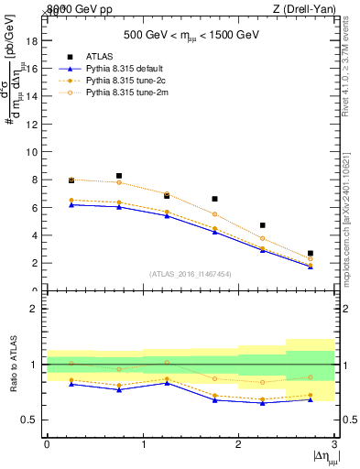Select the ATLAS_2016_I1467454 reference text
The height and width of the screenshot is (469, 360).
190,273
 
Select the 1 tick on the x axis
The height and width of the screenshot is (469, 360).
143,445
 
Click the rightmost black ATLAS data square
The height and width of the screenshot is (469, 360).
311,253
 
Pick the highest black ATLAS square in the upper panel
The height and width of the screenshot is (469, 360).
119,176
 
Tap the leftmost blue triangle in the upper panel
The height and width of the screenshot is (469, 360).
71,204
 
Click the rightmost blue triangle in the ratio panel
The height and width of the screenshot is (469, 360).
311,399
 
